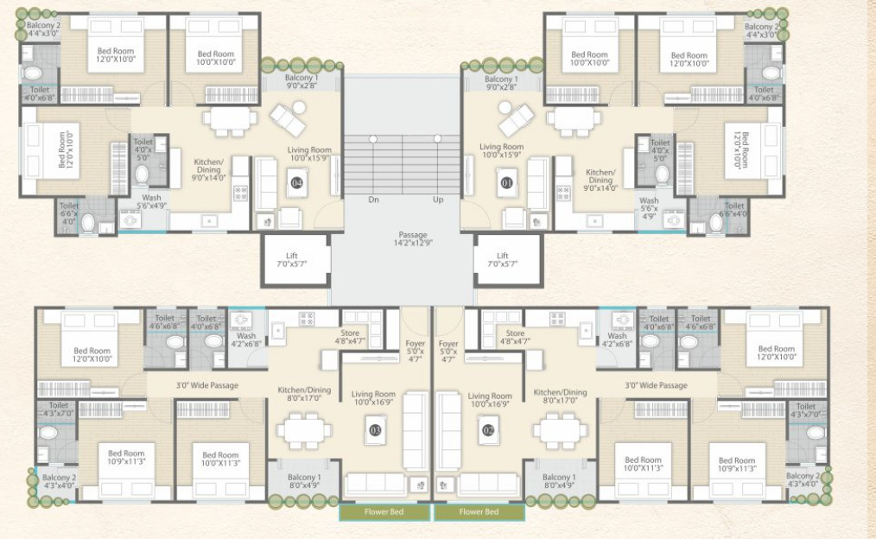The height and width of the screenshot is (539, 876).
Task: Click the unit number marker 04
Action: click(297, 182)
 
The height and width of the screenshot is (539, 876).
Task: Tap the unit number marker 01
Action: click(507, 182)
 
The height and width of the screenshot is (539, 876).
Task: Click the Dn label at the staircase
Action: click(373, 200)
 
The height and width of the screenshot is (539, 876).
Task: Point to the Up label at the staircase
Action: click(438, 200)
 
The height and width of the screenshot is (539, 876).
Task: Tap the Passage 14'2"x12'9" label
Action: click(412, 239)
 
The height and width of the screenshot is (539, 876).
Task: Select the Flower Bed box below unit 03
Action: click(384, 512)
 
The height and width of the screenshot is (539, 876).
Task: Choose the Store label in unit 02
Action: click(515, 338)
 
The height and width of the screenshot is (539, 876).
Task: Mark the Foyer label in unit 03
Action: click(415, 347)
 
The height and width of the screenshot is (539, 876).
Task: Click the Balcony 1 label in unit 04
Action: click(303, 82)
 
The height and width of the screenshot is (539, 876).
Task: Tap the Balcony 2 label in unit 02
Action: click(802, 481)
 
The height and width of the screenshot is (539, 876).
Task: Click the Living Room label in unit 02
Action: click(490, 400)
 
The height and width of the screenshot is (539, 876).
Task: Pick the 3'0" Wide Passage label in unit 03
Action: click(206, 385)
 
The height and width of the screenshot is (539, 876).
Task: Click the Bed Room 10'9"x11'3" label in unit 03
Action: click(126, 458)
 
